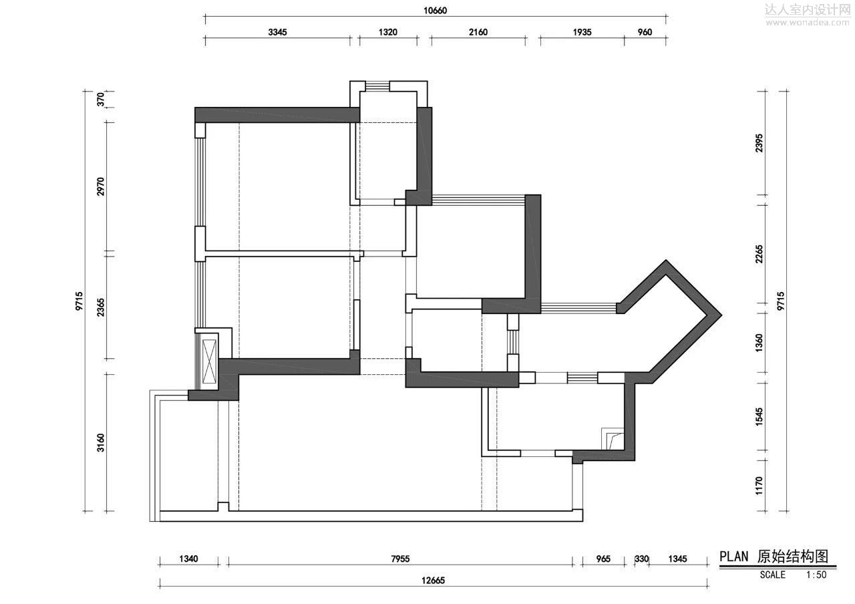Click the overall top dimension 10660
click(x=435, y=10)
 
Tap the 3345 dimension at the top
click(x=277, y=32)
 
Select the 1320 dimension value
click(x=388, y=32)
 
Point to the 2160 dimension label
click(x=478, y=32)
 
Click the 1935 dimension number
click(x=582, y=32)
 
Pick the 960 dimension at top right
click(x=645, y=32)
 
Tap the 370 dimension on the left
click(x=100, y=100)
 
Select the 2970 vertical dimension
click(x=100, y=186)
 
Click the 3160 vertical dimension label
click(x=100, y=442)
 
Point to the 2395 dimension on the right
click(x=759, y=143)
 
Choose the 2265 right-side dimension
click(x=759, y=254)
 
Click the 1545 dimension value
click(x=759, y=416)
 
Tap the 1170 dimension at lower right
click(x=759, y=486)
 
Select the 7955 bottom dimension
click(x=400, y=559)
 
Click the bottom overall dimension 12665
click(x=434, y=581)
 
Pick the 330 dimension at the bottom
click(x=642, y=559)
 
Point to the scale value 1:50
click(x=816, y=575)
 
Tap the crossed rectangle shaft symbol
click(x=209, y=361)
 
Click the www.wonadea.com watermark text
click(x=808, y=23)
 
